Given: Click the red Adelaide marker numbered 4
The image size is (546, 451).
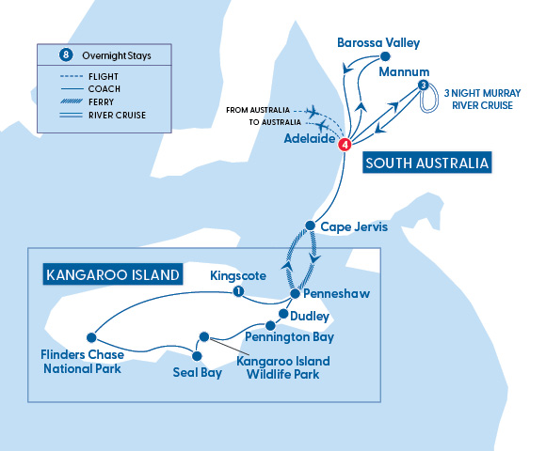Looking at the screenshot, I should pos(345,144).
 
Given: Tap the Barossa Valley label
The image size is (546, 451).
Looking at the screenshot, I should pos(378,43).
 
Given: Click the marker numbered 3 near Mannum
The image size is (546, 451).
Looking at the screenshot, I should pos(424,86).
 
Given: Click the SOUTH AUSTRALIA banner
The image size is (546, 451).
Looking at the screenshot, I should pos(427,163).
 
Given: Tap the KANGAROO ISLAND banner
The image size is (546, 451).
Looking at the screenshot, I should pos(110,275).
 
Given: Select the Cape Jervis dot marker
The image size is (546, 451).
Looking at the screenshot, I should pos(310,225).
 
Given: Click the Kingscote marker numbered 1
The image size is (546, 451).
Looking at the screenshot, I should pos(238,291).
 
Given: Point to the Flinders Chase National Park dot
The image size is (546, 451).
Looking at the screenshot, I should pos(91,336).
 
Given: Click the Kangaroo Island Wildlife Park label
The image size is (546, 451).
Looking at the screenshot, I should pos(278,367).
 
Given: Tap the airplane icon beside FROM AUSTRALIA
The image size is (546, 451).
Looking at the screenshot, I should pos(313,109).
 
